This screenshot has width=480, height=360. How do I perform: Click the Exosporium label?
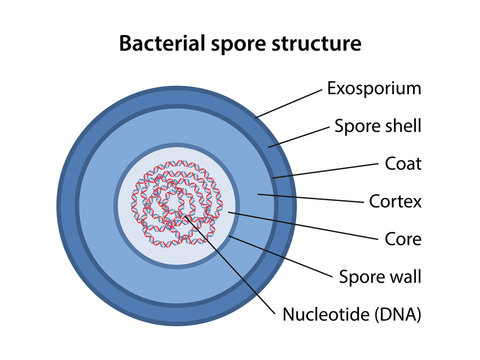[x=374, y=88]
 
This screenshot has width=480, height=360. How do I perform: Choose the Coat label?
[x=405, y=163]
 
